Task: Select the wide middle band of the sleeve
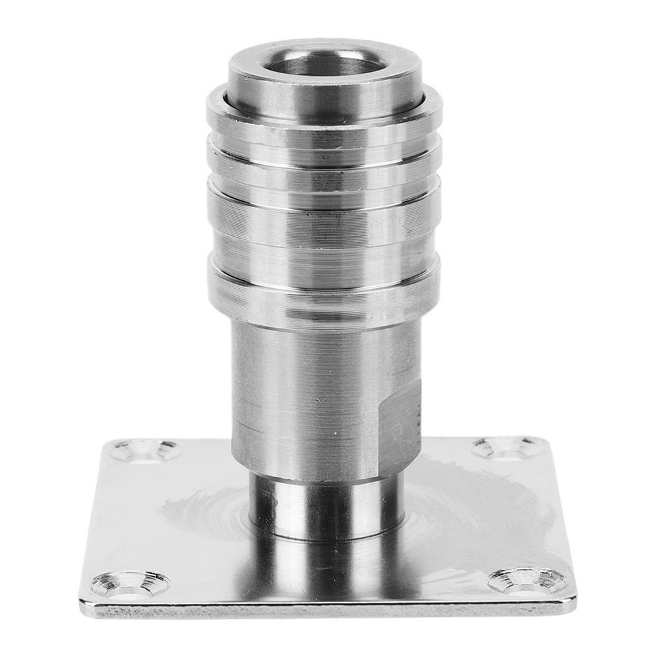pos(323,231)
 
